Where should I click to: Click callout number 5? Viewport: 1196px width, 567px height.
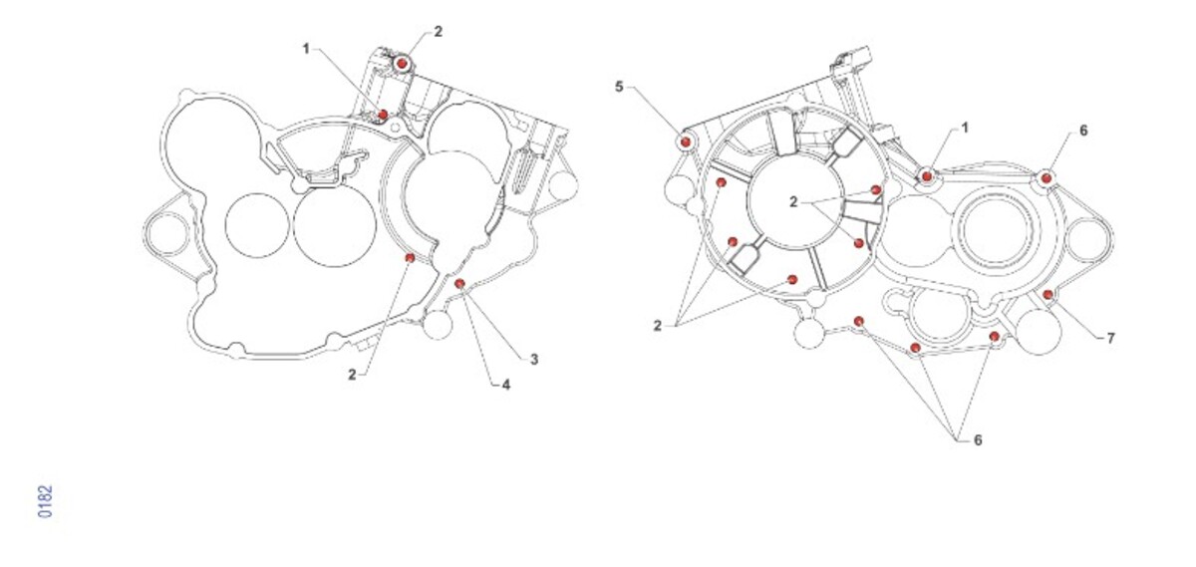click(x=619, y=87)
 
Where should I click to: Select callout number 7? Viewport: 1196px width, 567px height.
click(x=1111, y=338)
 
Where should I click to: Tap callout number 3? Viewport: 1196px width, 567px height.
click(x=534, y=360)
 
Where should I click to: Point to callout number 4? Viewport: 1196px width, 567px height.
click(x=505, y=385)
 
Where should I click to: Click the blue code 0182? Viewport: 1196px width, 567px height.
click(x=46, y=501)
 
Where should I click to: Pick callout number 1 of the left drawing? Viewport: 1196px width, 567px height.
click(x=306, y=49)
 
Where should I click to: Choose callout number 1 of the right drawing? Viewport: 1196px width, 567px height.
click(x=965, y=128)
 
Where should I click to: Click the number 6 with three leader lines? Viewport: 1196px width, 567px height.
click(x=978, y=439)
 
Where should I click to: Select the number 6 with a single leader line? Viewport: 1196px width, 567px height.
click(x=1083, y=131)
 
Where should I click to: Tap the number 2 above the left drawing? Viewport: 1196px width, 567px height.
click(x=438, y=32)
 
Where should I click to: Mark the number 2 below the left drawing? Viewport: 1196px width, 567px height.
click(x=352, y=375)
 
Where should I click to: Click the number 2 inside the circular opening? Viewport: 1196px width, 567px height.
click(x=793, y=202)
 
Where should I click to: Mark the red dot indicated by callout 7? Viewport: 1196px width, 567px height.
click(x=1048, y=294)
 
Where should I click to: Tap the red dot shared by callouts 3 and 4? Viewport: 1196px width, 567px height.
click(x=459, y=283)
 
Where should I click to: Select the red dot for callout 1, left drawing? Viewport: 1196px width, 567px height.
click(x=383, y=115)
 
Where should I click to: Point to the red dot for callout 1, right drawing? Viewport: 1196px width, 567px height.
click(x=927, y=176)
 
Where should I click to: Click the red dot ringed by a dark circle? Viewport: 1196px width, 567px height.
click(x=402, y=64)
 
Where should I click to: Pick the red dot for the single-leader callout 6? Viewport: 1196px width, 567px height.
click(x=1046, y=177)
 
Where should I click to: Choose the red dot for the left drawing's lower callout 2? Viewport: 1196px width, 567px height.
click(x=410, y=258)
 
